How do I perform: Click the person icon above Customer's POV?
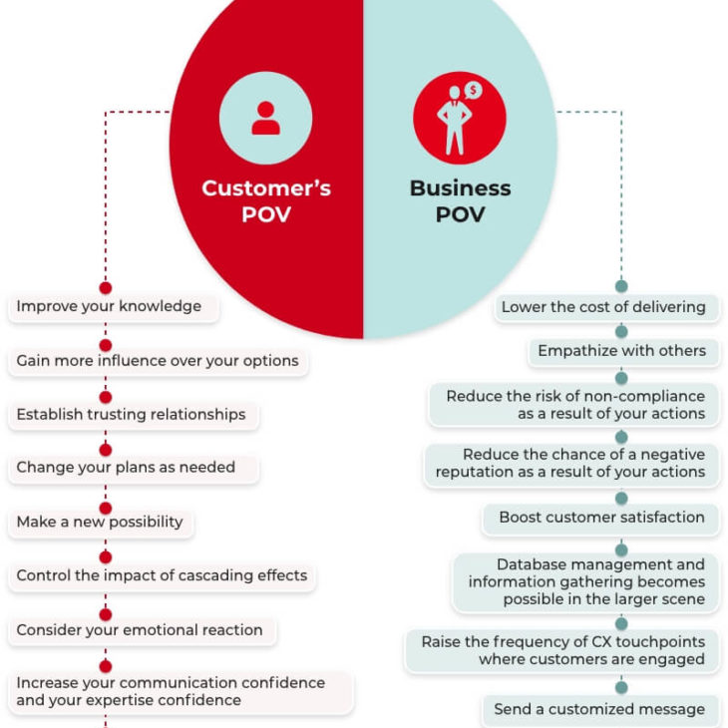(265, 118)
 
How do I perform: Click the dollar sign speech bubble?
(473, 90)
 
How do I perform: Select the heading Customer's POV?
(266, 201)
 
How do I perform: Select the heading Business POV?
(460, 201)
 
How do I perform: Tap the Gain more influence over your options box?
(158, 361)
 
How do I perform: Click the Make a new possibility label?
(101, 522)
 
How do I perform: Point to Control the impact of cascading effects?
(162, 575)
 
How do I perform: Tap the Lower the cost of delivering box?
(606, 307)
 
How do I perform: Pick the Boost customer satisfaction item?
(600, 518)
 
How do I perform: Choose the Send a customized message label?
(600, 710)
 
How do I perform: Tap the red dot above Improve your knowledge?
(106, 288)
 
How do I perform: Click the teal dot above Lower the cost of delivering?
(621, 286)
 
